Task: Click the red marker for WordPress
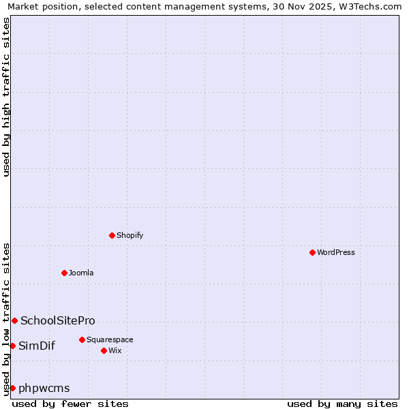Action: pos(312,252)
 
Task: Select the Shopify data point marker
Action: pos(112,235)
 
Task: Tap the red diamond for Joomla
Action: pos(64,273)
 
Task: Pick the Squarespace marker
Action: pos(82,339)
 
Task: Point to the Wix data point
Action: pos(104,350)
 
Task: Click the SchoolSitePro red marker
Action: pos(14,320)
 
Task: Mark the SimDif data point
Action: pos(12,346)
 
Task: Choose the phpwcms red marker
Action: pos(12,388)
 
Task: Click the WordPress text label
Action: pos(336,252)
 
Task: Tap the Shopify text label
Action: pos(130,235)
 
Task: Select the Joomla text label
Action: pos(81,273)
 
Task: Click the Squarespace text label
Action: pos(110,339)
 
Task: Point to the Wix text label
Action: pos(115,350)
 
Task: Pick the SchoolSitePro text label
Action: pos(58,320)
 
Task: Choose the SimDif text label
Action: pos(37,346)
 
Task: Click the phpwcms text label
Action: pos(44,388)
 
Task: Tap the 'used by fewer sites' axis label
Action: pos(70,404)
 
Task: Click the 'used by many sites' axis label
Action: pos(342,404)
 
